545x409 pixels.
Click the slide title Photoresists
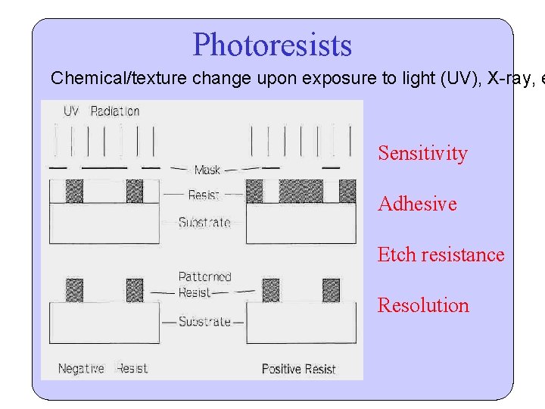[272, 45]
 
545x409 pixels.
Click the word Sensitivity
[422, 153]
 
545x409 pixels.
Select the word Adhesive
[417, 204]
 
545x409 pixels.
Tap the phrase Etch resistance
[441, 254]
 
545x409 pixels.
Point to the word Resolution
[423, 305]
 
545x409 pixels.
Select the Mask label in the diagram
[207, 170]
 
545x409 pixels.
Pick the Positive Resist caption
[298, 369]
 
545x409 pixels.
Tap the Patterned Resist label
[204, 284]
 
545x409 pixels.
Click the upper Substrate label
[204, 223]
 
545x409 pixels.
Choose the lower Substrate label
[204, 322]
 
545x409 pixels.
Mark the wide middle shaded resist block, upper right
[301, 191]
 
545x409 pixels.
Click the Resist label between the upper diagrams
[203, 195]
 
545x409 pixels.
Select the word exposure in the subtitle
[334, 78]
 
